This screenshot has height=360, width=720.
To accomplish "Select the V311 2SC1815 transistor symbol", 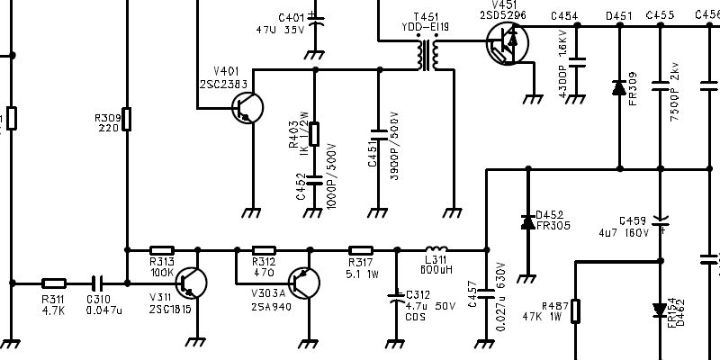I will [x=192, y=283].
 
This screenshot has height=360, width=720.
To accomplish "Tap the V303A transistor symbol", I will [x=304, y=283].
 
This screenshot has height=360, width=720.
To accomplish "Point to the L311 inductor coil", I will [x=436, y=249].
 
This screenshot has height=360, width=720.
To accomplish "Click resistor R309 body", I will [x=126, y=118].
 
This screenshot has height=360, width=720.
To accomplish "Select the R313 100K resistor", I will [x=161, y=250].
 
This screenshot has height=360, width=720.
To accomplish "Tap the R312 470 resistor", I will [x=264, y=250].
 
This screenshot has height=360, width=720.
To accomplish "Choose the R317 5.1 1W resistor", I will [x=360, y=250].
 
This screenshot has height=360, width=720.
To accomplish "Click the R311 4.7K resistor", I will [x=53, y=283].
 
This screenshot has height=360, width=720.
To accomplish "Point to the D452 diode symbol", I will [x=527, y=221].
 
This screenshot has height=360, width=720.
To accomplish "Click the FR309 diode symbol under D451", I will [x=618, y=88].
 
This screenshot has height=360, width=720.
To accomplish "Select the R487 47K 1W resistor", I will [x=576, y=310].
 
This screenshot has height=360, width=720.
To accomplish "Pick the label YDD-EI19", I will [x=425, y=28].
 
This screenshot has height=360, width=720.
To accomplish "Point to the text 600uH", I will [x=436, y=268].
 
